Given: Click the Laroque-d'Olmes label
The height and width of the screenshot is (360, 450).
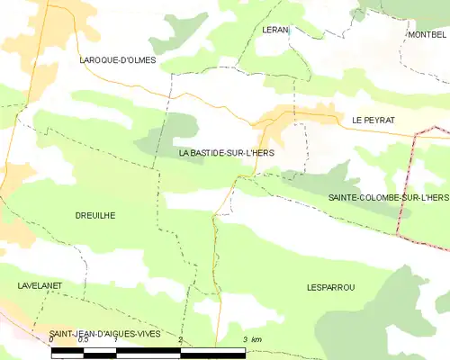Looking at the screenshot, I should tap(118, 60).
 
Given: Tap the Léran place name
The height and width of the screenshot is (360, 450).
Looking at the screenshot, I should tap(274, 30).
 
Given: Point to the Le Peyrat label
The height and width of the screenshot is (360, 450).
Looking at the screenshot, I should tap(373, 119).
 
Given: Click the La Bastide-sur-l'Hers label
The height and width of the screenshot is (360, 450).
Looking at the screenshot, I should tap(227, 153).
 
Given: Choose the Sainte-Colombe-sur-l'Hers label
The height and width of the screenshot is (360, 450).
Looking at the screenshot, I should tap(388, 196).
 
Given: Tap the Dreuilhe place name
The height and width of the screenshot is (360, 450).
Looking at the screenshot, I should tap(95, 215).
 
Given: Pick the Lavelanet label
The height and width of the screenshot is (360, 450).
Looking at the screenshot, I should tap(38, 284).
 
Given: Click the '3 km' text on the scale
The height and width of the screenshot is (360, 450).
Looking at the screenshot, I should tap(252, 338).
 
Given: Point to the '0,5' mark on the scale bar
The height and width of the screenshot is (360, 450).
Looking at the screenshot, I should tap(84, 341).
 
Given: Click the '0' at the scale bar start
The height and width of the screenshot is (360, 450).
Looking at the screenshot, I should tap(52, 341).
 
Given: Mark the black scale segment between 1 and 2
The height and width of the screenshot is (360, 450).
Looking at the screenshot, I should tap(148, 349).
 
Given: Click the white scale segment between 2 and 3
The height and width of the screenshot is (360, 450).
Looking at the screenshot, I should tap(213, 349).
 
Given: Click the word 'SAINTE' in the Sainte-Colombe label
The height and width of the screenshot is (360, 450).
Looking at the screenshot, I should tap(345, 196).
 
